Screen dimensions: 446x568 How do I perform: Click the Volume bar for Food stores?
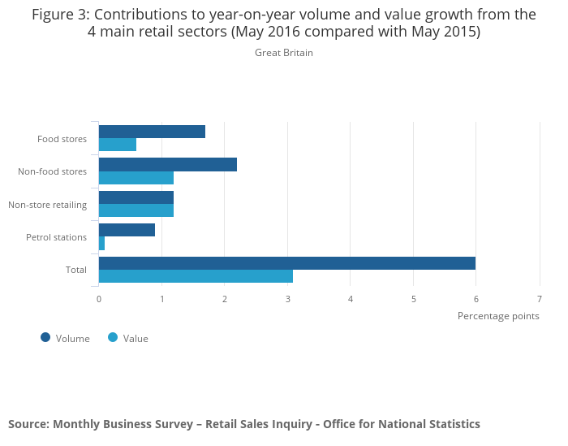152,132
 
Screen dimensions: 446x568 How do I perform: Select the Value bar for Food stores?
118,145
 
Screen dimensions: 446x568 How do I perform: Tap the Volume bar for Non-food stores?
168,164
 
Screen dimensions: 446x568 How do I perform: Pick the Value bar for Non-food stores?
136,178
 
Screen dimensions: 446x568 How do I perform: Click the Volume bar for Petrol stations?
127,230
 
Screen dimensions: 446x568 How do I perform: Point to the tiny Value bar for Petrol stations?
101,244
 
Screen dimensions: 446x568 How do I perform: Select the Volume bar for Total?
286,263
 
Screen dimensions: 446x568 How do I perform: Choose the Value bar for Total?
196,276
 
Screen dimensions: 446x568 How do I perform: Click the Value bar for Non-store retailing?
136,210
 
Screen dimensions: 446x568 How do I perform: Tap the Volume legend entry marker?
45,338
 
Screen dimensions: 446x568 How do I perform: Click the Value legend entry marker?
113,338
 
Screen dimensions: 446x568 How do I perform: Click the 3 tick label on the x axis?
288,299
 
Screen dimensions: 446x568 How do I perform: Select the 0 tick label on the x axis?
99,299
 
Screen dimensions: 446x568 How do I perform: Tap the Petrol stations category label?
56,237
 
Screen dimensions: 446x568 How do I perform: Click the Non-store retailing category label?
47,205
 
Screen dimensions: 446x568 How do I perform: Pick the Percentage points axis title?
498,316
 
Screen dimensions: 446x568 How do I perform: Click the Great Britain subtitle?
284,53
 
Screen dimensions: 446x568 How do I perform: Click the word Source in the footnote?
28,424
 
